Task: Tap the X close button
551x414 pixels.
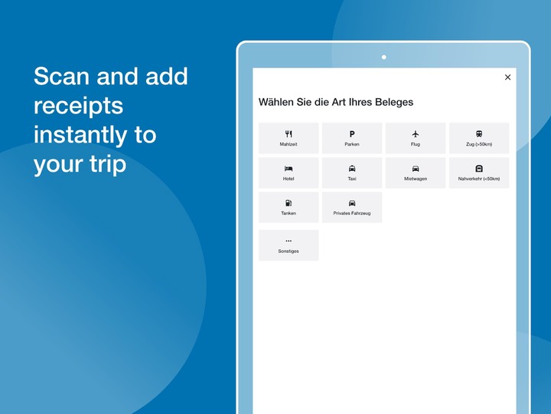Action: (x=507, y=77)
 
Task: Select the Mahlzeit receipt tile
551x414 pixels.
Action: (x=289, y=138)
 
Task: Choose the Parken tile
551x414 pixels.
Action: (x=352, y=138)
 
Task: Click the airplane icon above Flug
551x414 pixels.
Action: (x=416, y=133)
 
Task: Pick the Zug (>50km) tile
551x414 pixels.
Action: (x=479, y=138)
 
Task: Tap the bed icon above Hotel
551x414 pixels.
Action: (x=289, y=169)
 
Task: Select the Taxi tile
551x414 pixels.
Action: (x=352, y=172)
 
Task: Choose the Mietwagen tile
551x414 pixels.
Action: (x=416, y=172)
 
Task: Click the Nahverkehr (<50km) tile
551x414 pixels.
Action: (x=479, y=172)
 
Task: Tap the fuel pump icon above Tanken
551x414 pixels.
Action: (x=289, y=202)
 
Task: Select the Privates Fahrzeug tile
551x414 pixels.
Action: (x=352, y=207)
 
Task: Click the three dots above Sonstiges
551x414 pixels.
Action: (x=289, y=241)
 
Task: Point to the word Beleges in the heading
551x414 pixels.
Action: (x=394, y=103)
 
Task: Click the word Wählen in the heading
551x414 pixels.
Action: (x=276, y=102)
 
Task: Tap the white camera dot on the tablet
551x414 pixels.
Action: (x=383, y=57)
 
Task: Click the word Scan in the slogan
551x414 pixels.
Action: (x=61, y=76)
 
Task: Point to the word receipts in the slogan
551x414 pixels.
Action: (x=78, y=107)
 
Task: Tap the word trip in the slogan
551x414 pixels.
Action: (x=108, y=164)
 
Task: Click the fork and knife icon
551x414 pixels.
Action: (x=289, y=133)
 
